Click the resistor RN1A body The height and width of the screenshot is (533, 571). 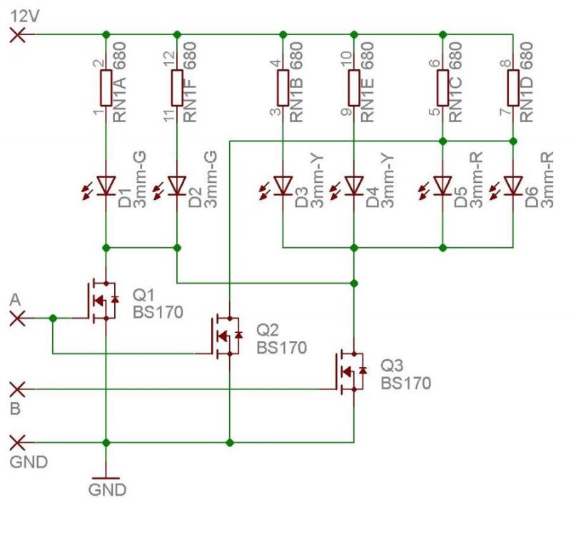(106, 87)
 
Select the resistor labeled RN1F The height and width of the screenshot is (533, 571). (177, 87)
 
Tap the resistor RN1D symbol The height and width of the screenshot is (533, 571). (513, 87)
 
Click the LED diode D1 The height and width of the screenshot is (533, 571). (106, 186)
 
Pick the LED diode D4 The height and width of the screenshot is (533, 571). (354, 186)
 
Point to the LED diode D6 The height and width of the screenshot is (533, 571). (513, 186)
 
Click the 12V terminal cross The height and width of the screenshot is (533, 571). (18, 34)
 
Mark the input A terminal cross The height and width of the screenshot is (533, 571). (18, 318)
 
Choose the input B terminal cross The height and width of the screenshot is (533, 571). (18, 389)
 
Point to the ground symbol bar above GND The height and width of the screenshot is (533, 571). (106, 477)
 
